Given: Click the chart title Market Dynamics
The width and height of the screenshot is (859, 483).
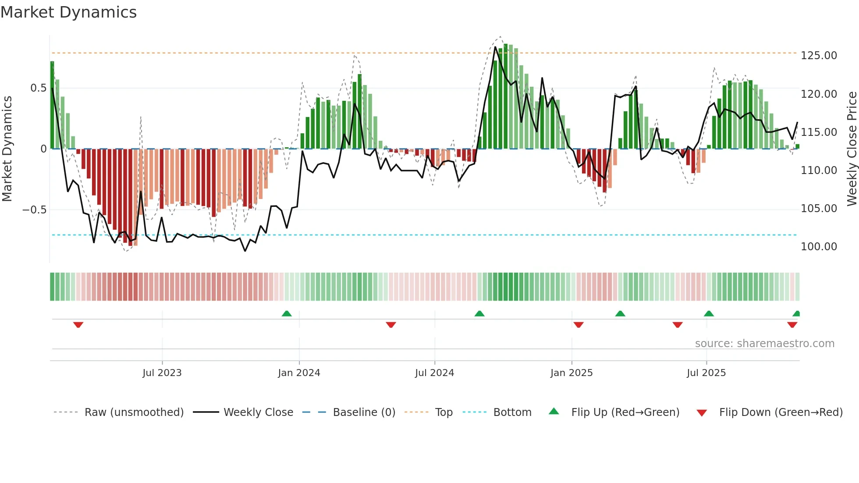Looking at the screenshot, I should [x=68, y=12].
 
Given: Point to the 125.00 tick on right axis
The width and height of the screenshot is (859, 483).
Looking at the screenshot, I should [x=819, y=56].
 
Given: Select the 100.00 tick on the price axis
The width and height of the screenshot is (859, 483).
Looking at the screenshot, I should [x=819, y=247].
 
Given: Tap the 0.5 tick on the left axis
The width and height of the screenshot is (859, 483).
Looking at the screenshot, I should [x=38, y=88].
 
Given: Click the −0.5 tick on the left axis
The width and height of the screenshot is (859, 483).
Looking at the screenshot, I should [x=34, y=210].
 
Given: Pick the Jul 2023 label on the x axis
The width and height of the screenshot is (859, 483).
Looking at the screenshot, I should [x=162, y=373].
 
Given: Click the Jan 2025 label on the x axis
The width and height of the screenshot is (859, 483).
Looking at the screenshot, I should [x=571, y=373].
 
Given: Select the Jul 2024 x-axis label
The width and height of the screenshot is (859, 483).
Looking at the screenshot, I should [x=434, y=373].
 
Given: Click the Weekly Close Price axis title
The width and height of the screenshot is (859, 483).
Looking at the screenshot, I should [x=852, y=149].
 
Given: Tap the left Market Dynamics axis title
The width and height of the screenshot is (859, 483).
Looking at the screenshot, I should [x=7, y=149].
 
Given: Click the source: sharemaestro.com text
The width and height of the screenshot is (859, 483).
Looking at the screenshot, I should [x=764, y=344].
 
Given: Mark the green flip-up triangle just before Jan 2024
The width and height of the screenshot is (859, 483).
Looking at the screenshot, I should [x=287, y=314].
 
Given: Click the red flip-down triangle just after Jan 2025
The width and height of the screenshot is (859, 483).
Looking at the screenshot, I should [x=579, y=325].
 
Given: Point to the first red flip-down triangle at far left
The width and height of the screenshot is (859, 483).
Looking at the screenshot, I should [x=78, y=325].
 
